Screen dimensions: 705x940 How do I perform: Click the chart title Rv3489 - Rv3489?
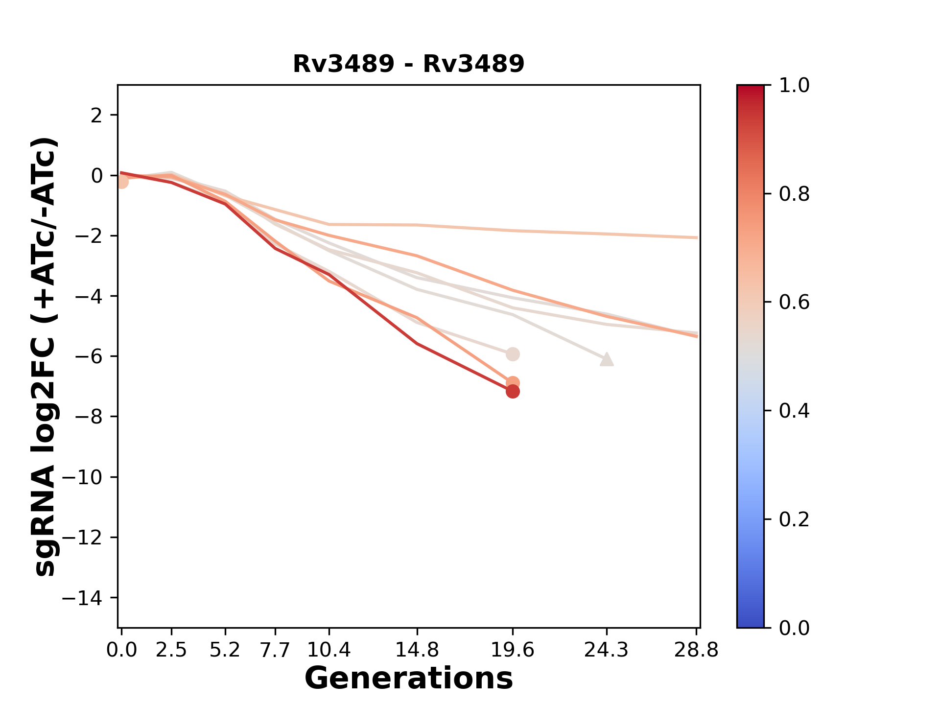pyautogui.click(x=408, y=64)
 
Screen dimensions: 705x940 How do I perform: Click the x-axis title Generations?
pyautogui.click(x=408, y=679)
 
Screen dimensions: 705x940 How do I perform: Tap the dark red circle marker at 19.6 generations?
pyautogui.click(x=512, y=392)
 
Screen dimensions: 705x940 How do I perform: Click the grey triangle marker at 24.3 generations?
pyautogui.click(x=607, y=359)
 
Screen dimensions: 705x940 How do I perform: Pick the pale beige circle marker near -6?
pyautogui.click(x=512, y=354)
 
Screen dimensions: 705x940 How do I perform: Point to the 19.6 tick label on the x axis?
pyautogui.click(x=512, y=650)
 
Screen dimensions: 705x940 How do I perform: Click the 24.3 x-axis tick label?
pyautogui.click(x=607, y=650)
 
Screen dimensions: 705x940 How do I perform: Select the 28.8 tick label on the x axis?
pyautogui.click(x=696, y=650)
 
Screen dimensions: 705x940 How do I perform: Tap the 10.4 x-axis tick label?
pyautogui.click(x=329, y=650)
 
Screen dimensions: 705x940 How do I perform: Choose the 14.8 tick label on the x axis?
pyautogui.click(x=417, y=650)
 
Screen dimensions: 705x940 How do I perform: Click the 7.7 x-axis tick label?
pyautogui.click(x=275, y=650)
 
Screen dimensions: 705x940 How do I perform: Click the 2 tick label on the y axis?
pyautogui.click(x=96, y=115)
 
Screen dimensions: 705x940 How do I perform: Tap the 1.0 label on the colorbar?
pyautogui.click(x=794, y=86)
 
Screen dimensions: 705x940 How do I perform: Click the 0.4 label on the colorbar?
pyautogui.click(x=794, y=411)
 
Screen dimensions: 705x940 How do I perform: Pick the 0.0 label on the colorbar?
pyautogui.click(x=794, y=628)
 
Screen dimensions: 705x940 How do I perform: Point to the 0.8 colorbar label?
pyautogui.click(x=794, y=194)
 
